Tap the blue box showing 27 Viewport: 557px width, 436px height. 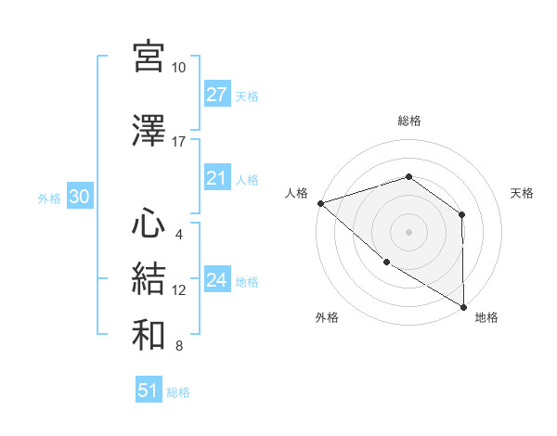click(x=217, y=95)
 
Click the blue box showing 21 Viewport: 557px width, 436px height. click(x=217, y=178)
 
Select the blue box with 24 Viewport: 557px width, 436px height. click(x=217, y=280)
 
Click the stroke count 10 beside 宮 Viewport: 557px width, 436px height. click(x=178, y=68)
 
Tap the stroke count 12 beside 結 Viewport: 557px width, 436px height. click(x=179, y=290)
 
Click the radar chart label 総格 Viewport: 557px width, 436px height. click(x=409, y=121)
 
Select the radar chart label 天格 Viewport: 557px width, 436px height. click(x=523, y=193)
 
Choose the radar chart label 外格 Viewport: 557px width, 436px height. click(x=327, y=317)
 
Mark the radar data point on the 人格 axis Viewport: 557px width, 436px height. click(x=320, y=202)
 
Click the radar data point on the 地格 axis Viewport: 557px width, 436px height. click(x=463, y=306)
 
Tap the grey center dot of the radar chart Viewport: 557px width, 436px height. click(x=408, y=231)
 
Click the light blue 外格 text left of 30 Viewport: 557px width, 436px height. click(x=49, y=199)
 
